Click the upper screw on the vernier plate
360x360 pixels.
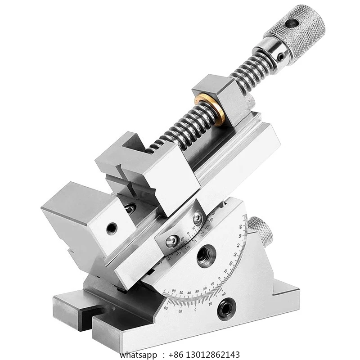[197, 218]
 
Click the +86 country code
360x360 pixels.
[176, 355]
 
